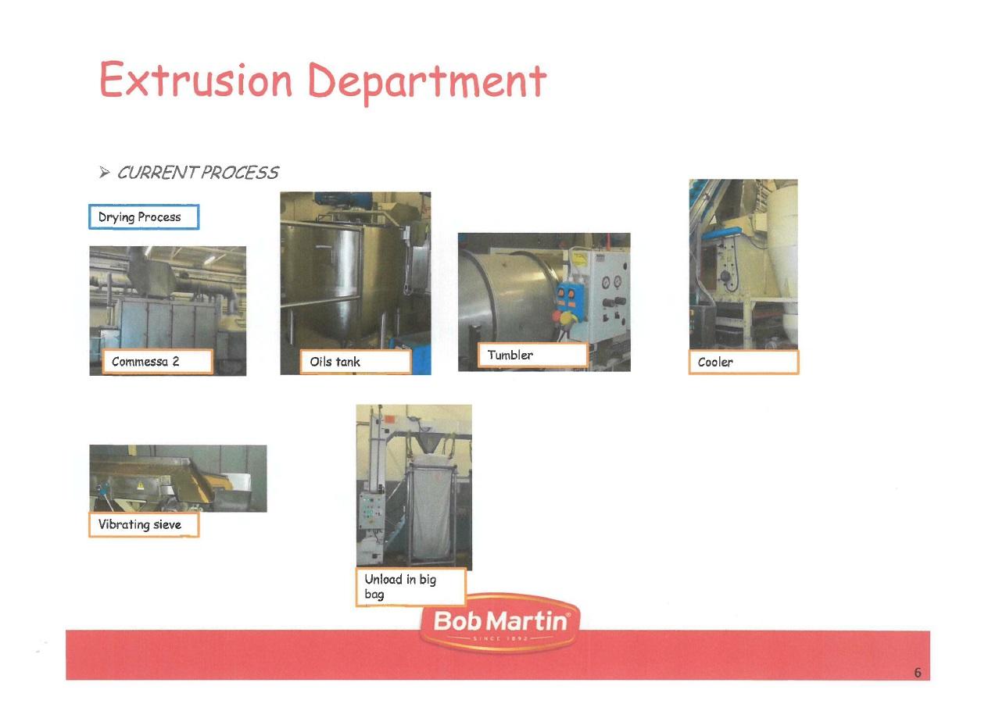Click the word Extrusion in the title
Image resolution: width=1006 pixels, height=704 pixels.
pyautogui.click(x=195, y=80)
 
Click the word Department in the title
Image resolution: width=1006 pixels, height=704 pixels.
pyautogui.click(x=428, y=82)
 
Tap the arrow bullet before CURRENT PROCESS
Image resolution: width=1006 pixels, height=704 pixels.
pyautogui.click(x=104, y=173)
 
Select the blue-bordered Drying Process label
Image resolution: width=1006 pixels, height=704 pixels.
pyautogui.click(x=144, y=217)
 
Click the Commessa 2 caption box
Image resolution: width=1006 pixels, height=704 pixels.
pyautogui.click(x=157, y=362)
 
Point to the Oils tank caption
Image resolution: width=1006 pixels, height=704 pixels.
pyautogui.click(x=355, y=362)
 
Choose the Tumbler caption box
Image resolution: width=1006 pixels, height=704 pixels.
pyautogui.click(x=532, y=356)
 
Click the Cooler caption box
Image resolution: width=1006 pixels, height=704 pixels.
pyautogui.click(x=743, y=362)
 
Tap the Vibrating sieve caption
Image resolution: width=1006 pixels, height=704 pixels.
pyautogui.click(x=144, y=524)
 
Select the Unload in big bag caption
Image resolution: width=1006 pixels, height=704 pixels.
pyautogui.click(x=411, y=588)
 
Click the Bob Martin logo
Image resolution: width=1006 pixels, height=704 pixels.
pyautogui.click(x=499, y=624)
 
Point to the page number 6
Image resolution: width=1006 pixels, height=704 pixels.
pyautogui.click(x=918, y=673)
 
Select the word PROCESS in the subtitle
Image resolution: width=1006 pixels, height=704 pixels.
pyautogui.click(x=239, y=173)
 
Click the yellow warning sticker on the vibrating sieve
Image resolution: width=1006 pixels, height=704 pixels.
pyautogui.click(x=140, y=485)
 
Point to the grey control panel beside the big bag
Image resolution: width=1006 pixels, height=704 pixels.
pyautogui.click(x=371, y=512)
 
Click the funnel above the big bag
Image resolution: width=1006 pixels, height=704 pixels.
pyautogui.click(x=427, y=442)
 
